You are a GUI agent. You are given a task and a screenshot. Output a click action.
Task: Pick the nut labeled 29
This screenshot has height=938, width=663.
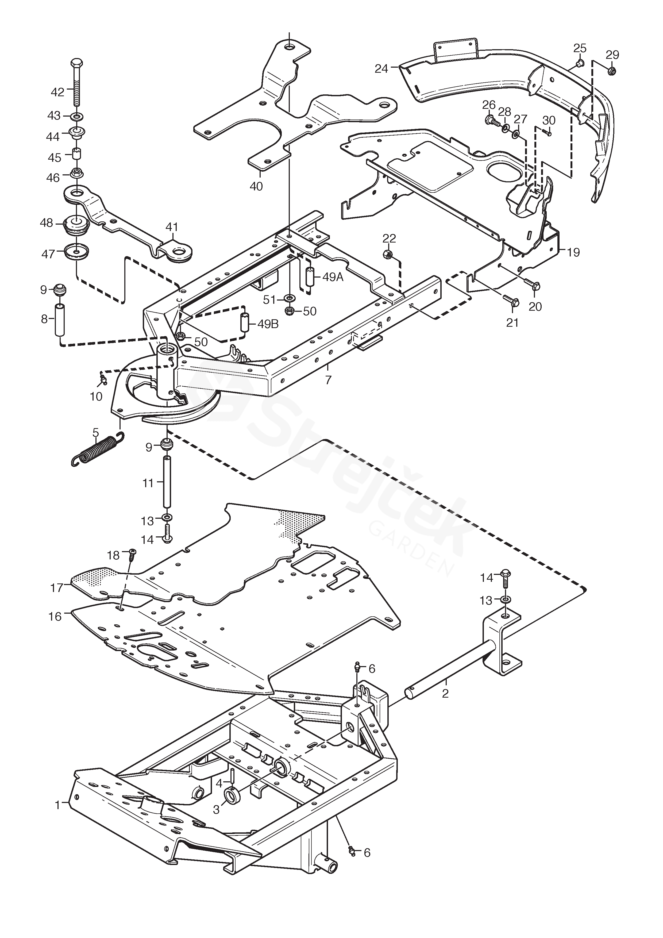611,71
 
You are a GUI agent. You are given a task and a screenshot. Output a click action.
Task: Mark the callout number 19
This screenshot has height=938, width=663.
573,252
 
